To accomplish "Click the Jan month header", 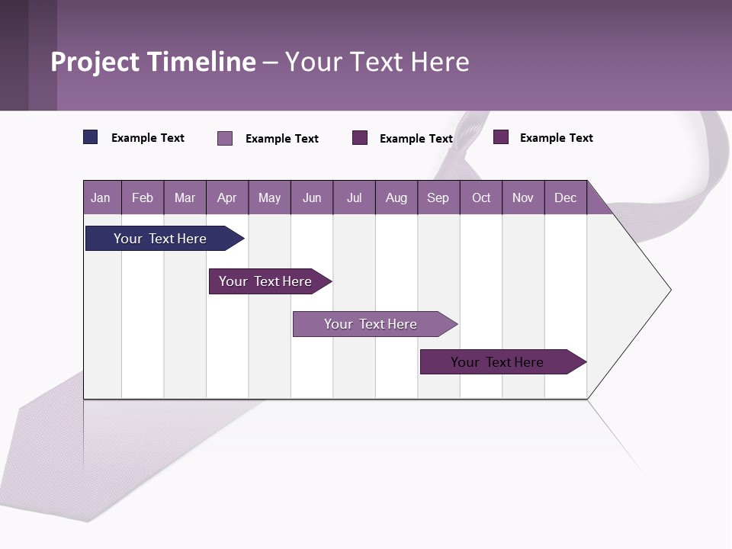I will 101,197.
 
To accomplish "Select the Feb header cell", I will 143,197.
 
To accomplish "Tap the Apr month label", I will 226,197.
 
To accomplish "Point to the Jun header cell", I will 312,197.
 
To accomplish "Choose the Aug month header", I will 396,197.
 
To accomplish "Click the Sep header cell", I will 438,197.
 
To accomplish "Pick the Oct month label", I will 481,197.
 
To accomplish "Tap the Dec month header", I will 565,197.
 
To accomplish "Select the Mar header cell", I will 185,197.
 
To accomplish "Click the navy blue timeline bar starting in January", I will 160,239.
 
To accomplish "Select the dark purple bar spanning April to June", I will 265,281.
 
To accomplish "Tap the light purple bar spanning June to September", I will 371,324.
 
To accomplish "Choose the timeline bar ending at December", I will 497,362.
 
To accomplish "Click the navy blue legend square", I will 91,137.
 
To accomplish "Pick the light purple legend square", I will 225,138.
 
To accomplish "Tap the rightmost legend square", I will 501,137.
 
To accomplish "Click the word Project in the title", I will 95,62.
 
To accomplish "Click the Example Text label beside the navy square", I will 148,138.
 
